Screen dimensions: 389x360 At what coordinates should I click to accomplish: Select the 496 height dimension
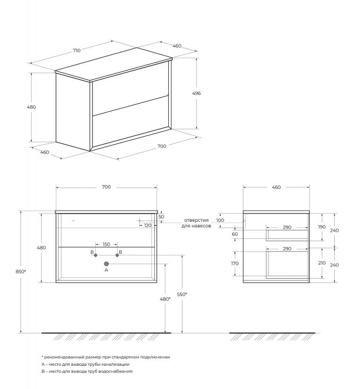[197, 93]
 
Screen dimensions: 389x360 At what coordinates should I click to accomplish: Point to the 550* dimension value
[182, 294]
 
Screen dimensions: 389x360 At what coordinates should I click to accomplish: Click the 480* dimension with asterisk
[165, 299]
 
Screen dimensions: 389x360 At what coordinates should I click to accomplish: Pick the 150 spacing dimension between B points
[106, 245]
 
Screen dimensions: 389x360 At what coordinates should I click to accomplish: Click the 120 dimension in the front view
[147, 226]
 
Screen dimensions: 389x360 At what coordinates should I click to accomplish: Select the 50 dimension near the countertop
[162, 217]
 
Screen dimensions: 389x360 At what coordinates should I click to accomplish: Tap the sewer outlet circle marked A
[106, 264]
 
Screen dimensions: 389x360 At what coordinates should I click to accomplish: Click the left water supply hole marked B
[96, 255]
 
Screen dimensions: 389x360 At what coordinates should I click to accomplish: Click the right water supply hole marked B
[117, 255]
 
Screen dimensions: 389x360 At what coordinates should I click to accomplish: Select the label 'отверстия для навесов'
[196, 223]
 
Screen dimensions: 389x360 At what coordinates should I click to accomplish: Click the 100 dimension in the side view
[220, 220]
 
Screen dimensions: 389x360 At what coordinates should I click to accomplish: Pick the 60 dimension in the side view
[234, 234]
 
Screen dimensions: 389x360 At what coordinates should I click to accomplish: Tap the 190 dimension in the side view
[322, 227]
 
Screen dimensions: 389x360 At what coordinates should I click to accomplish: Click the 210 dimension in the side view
[322, 263]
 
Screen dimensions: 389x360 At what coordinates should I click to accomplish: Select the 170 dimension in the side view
[234, 264]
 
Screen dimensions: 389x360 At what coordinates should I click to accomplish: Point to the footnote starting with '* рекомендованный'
[106, 356]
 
